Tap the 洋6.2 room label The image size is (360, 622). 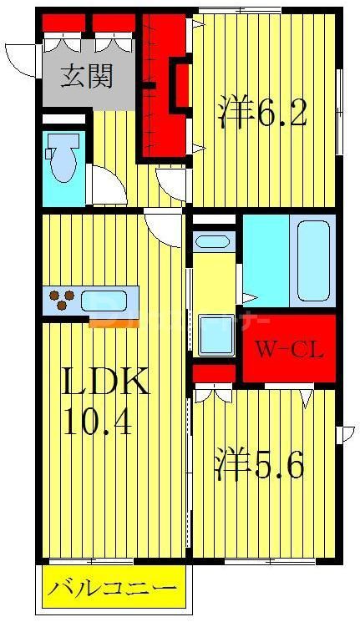click(262, 114)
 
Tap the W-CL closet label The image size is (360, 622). click(288, 347)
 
